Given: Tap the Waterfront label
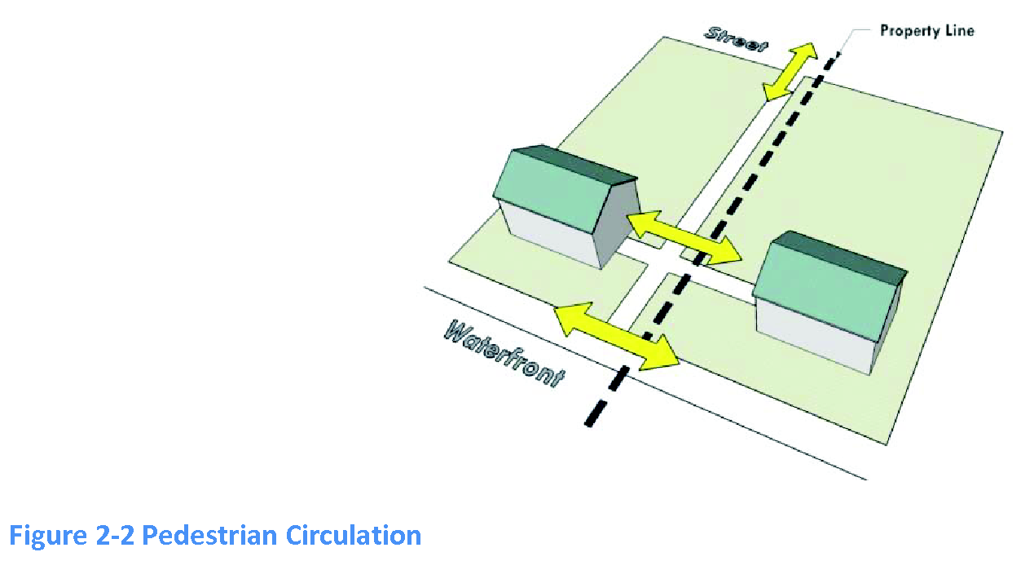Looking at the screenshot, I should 504,351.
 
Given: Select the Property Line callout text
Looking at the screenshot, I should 926,31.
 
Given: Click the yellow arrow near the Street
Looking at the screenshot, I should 790,72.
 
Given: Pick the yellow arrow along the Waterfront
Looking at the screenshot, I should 616,335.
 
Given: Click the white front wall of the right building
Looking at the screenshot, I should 811,335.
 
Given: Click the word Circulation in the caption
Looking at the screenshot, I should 354,536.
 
